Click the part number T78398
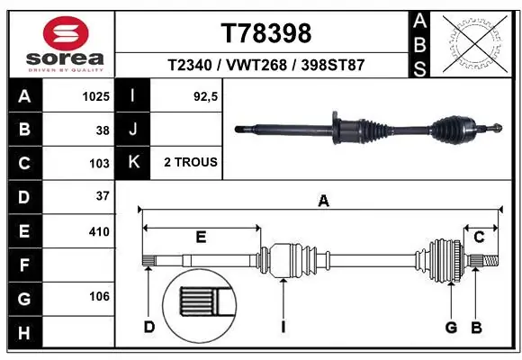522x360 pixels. [266, 33]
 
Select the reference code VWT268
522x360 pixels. [266, 66]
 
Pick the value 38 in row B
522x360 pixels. [102, 130]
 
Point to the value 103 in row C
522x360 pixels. [99, 163]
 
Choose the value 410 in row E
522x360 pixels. [99, 231]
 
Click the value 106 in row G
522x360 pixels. [99, 297]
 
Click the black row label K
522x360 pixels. [133, 163]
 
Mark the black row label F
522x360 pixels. [23, 265]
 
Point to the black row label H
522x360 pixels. [23, 332]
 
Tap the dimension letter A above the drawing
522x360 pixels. [323, 202]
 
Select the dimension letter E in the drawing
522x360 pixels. [201, 237]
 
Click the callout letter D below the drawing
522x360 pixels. [149, 327]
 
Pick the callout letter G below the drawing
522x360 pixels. [451, 327]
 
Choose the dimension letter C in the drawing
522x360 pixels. [479, 237]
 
